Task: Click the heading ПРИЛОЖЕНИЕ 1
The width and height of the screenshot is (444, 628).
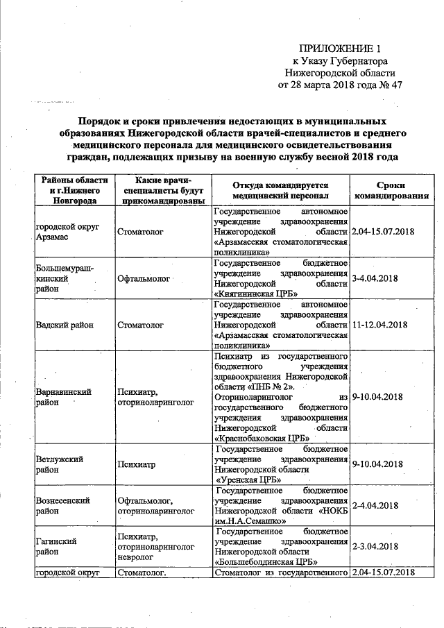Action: coord(340,49)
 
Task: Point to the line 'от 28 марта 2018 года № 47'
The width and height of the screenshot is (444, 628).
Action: coord(340,86)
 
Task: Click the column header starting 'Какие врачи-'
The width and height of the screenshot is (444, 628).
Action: coord(162,189)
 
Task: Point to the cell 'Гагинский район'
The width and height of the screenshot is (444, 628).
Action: coord(55,545)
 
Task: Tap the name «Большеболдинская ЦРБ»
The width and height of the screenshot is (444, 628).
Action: coord(267,561)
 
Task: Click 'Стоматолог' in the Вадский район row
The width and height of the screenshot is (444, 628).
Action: coord(140,324)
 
